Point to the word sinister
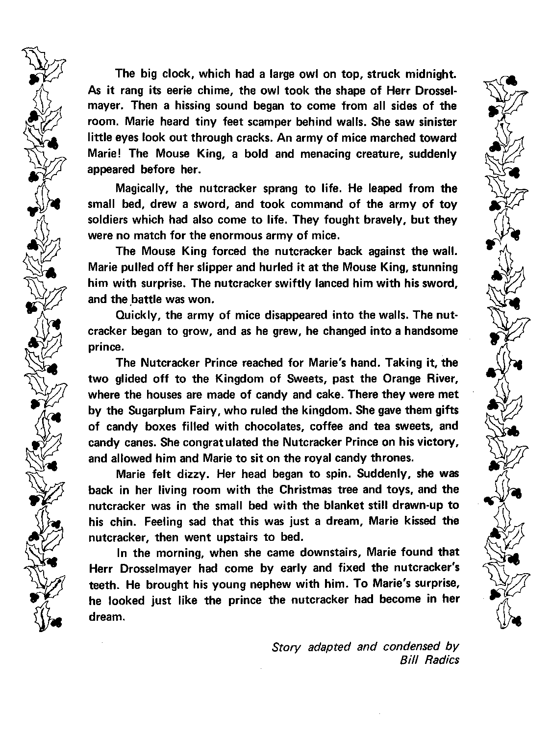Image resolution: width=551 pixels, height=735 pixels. tap(437, 122)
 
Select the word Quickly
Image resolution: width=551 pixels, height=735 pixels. tap(133, 315)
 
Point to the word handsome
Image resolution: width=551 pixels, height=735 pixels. tap(432, 331)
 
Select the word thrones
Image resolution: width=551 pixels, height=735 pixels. tap(395, 458)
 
